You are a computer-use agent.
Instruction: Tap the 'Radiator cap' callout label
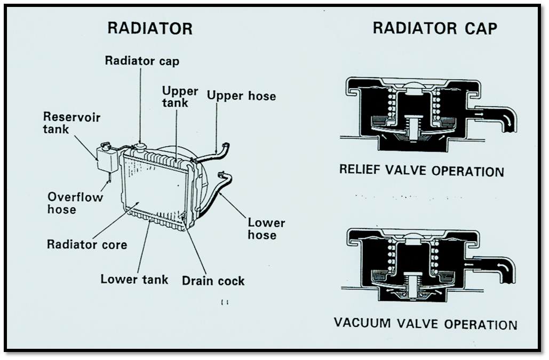point(142,60)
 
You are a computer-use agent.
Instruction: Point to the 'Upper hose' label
point(241,96)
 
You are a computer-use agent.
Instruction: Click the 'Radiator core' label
point(87,245)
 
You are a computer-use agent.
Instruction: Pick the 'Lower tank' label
point(134,279)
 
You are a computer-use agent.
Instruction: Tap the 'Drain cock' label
point(213,281)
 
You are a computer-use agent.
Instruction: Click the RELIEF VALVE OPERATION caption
point(421,171)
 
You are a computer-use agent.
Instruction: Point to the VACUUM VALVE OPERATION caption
point(425,324)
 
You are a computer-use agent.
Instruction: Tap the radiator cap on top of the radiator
point(140,145)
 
